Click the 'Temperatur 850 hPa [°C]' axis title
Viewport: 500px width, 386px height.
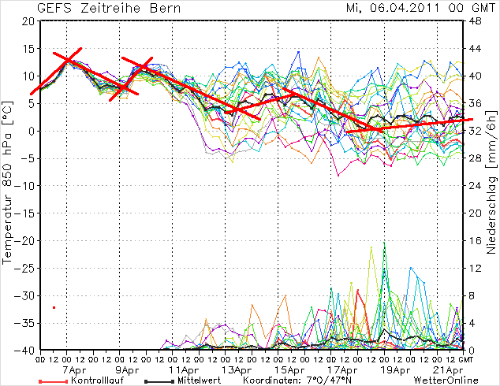coord(9,186)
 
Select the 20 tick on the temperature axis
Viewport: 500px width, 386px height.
coord(27,21)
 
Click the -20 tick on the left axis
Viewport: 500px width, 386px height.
coord(24,240)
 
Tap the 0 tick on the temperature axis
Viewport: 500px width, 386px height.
coord(30,131)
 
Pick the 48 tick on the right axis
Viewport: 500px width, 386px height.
coord(476,21)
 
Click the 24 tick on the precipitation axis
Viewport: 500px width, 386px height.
coord(476,186)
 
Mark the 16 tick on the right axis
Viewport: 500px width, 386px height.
coord(476,240)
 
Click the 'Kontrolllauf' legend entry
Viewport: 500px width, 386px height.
coord(91,380)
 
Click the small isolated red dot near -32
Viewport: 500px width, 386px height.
coord(54,307)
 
